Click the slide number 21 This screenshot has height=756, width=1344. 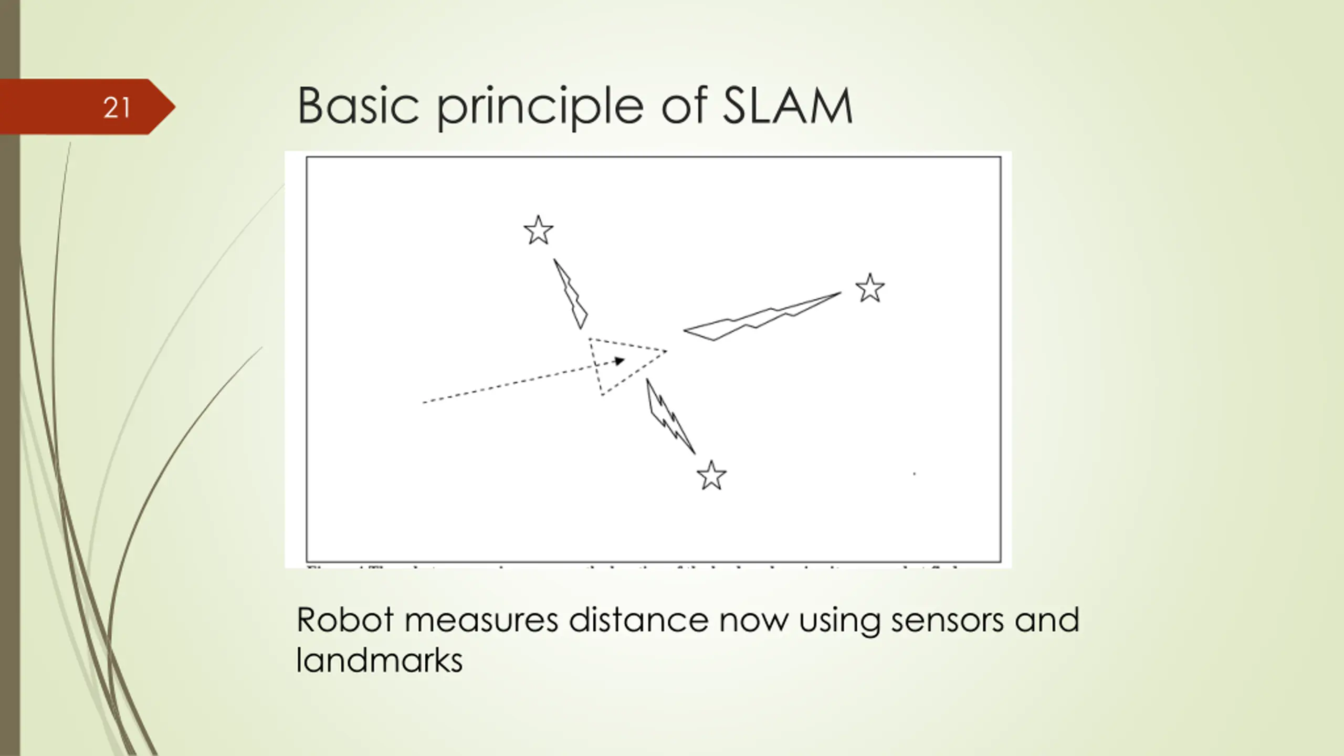click(x=117, y=108)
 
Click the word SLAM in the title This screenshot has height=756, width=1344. click(x=787, y=107)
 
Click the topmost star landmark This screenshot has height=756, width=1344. click(x=538, y=231)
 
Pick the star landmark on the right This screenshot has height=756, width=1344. click(x=870, y=289)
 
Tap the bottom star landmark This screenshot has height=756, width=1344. click(x=711, y=477)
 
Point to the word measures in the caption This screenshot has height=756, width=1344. click(x=481, y=620)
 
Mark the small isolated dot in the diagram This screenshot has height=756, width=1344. click(x=915, y=474)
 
